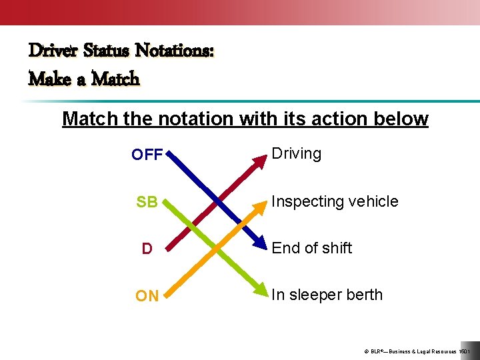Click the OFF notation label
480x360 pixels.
147,155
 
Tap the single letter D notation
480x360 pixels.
147,249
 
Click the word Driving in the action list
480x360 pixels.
296,154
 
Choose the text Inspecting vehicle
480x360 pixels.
335,201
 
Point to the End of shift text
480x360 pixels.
311,248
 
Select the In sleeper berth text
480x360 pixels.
327,295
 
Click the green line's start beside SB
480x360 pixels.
167,202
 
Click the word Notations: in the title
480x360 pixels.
175,51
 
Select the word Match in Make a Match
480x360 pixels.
115,79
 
